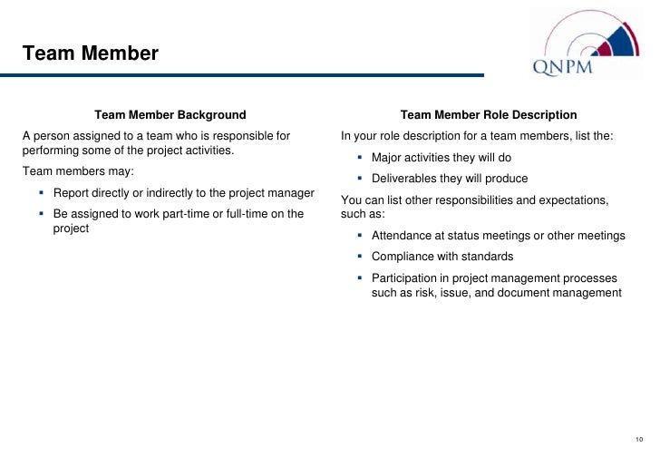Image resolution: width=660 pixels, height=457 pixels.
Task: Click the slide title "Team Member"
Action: click(x=90, y=53)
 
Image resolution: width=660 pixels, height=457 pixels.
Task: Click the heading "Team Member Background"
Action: click(x=170, y=115)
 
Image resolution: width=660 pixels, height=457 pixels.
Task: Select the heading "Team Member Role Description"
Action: click(x=489, y=115)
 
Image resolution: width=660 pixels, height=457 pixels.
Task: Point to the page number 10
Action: click(x=639, y=439)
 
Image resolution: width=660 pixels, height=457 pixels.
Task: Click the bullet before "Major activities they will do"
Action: click(x=360, y=158)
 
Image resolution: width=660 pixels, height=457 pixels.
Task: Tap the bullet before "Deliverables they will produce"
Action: click(x=360, y=179)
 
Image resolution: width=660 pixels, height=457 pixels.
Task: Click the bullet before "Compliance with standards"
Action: click(x=360, y=257)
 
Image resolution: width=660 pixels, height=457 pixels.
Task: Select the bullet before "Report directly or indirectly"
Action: click(x=42, y=193)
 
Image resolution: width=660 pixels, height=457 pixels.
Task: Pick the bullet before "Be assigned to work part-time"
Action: click(x=42, y=214)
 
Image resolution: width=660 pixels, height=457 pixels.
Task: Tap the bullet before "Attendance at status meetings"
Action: click(x=360, y=236)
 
